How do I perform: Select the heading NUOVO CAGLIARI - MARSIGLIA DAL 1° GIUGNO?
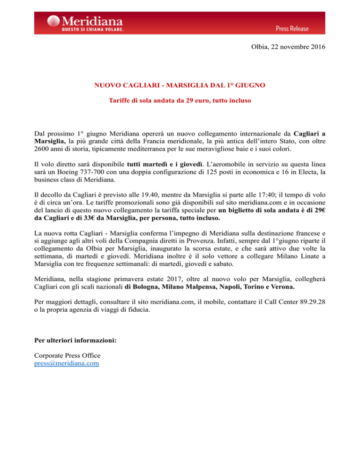coord(180,86)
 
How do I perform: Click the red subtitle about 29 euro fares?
coord(180,100)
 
